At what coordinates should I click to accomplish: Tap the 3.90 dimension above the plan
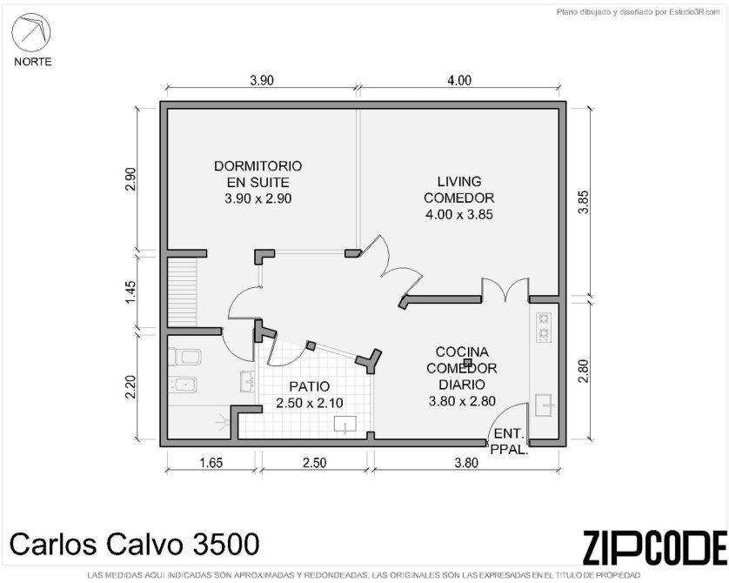pyautogui.click(x=262, y=80)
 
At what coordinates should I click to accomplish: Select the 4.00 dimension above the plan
pyautogui.click(x=459, y=80)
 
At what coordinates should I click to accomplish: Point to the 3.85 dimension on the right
pyautogui.click(x=584, y=202)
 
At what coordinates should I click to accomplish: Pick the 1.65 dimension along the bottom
pyautogui.click(x=211, y=463)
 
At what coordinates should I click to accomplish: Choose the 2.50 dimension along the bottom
pyautogui.click(x=314, y=463)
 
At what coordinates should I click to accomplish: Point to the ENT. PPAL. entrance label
pyautogui.click(x=510, y=442)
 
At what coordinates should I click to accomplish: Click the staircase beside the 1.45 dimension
pyautogui.click(x=183, y=292)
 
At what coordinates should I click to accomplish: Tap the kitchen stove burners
pyautogui.click(x=544, y=326)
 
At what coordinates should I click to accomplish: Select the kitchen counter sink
pyautogui.click(x=544, y=405)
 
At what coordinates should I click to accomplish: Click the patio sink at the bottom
pyautogui.click(x=345, y=425)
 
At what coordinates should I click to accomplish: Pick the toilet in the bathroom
pyautogui.click(x=184, y=357)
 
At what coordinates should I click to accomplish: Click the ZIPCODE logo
pyautogui.click(x=654, y=547)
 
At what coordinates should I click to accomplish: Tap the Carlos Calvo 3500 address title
pyautogui.click(x=135, y=544)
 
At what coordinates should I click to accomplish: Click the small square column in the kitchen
pyautogui.click(x=467, y=362)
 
